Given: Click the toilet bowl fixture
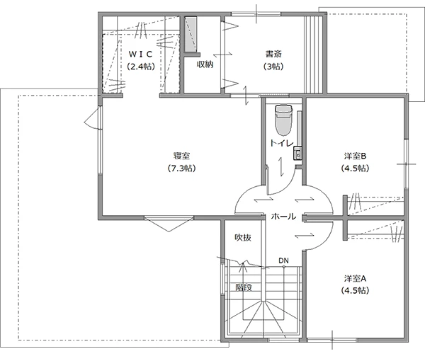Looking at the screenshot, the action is click(284, 120).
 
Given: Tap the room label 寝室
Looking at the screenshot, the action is click(181, 156).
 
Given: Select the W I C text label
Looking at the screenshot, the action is click(141, 55).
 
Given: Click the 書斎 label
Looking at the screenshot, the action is click(273, 54).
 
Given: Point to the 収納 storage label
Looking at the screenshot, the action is click(205, 64).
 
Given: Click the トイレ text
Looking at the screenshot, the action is click(282, 143).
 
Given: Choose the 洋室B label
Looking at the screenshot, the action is click(355, 156).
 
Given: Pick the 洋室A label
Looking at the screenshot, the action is click(355, 278).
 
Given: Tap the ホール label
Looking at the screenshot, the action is click(283, 216).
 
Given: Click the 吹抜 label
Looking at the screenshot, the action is click(243, 238).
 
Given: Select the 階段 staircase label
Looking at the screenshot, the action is click(244, 287).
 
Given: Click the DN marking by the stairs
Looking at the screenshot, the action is click(283, 260).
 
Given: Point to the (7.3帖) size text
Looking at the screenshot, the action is click(181, 168).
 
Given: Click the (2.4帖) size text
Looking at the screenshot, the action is click(141, 67).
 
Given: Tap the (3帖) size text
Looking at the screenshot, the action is click(273, 67).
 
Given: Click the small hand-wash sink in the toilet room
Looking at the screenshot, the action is click(297, 154).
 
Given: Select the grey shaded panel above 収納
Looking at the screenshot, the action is click(191, 34).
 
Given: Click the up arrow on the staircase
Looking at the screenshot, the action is click(242, 266).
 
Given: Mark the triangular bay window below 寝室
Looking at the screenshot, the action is click(169, 224).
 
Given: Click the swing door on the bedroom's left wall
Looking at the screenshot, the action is click(93, 118).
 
